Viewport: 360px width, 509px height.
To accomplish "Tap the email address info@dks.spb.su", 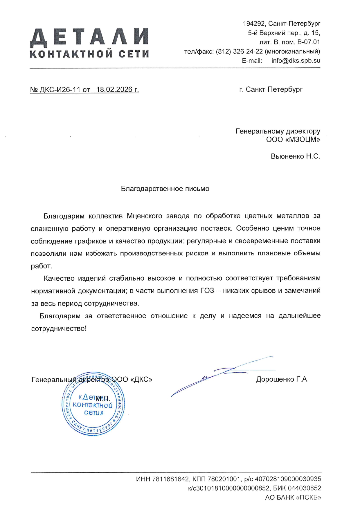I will click(296, 61).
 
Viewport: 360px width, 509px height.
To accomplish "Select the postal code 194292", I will click(254, 24).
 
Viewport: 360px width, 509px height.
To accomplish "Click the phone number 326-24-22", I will click(248, 51).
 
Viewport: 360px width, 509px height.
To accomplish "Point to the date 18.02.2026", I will click(114, 90).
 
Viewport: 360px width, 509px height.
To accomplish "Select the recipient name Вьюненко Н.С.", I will click(295, 156).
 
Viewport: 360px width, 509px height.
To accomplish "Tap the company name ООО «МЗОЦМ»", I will click(293, 140).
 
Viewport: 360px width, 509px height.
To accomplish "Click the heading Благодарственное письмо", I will click(165, 189).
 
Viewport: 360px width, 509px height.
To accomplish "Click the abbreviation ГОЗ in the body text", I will click(207, 291).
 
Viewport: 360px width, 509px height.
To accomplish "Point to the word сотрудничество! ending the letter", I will click(59, 328).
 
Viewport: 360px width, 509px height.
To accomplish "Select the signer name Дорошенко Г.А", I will click(281, 379).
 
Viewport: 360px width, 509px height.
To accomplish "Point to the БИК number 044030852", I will click(304, 488).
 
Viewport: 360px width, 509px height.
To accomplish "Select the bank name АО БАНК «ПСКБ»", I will click(293, 497).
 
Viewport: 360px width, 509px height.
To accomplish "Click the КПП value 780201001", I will click(224, 479).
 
